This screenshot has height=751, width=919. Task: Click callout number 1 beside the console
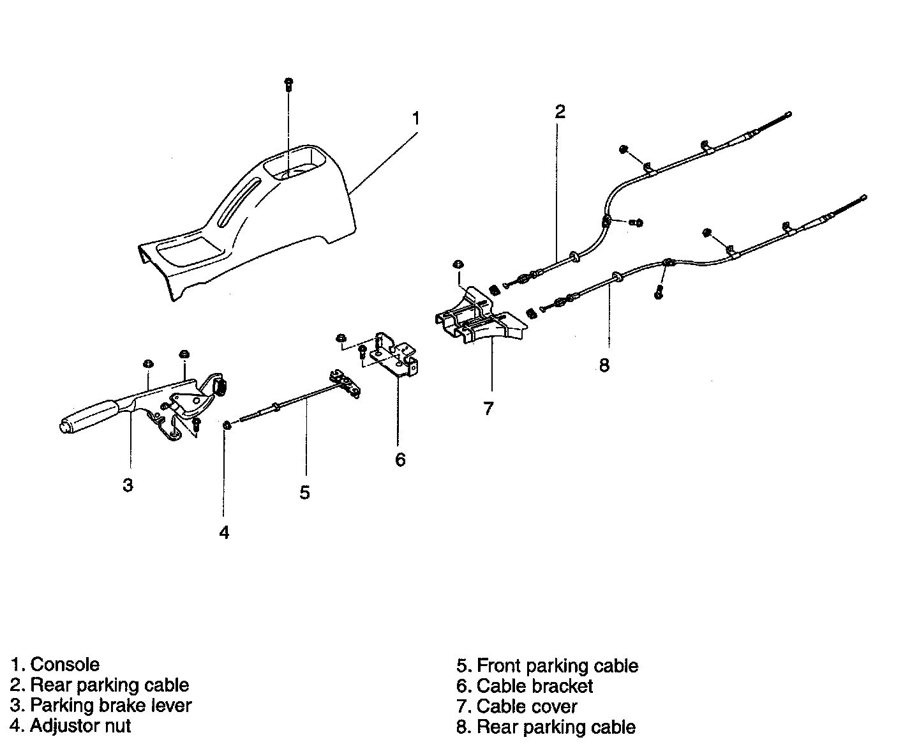(415, 118)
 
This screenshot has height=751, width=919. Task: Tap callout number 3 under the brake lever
(128, 485)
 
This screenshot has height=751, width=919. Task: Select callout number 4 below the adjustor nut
(224, 532)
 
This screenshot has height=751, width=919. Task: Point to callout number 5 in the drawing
(304, 492)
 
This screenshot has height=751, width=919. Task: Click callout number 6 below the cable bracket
(400, 459)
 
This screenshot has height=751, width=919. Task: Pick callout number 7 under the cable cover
(488, 408)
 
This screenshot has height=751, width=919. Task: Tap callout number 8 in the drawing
(604, 365)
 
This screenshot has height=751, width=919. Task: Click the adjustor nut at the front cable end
(227, 425)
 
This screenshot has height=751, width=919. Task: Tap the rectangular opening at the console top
(294, 163)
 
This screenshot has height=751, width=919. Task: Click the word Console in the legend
(65, 664)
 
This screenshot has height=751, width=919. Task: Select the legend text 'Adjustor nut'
(80, 725)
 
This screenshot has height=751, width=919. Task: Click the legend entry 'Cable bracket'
(535, 686)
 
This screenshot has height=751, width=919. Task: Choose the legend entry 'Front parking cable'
(557, 665)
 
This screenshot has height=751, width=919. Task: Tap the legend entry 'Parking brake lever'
(110, 705)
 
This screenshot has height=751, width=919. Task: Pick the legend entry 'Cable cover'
(527, 706)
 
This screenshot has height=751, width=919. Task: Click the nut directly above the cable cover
(458, 264)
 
